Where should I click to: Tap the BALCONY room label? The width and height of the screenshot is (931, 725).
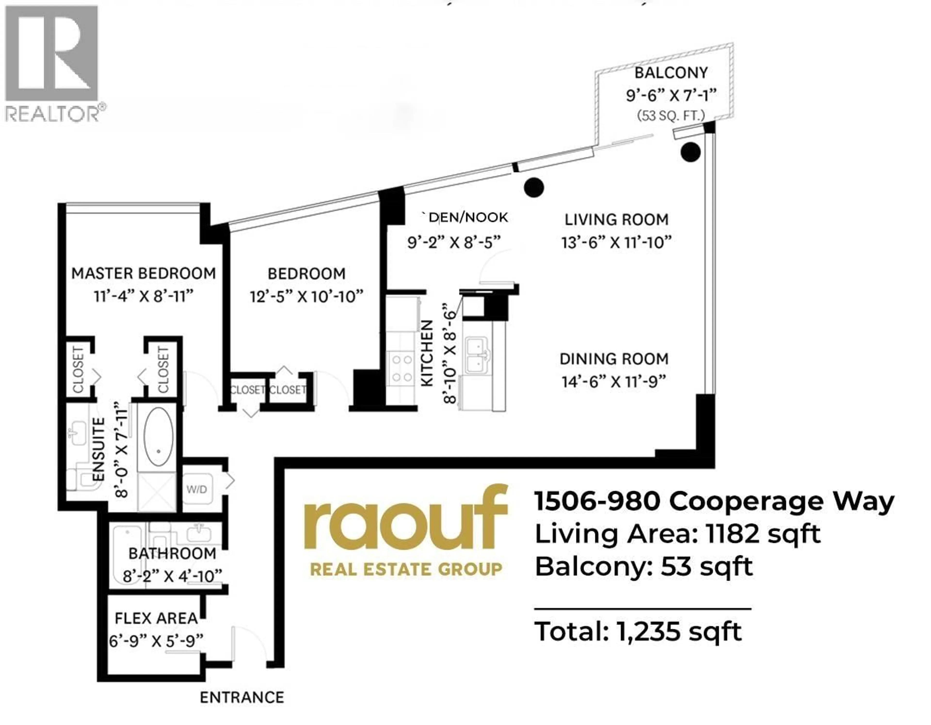coord(671,73)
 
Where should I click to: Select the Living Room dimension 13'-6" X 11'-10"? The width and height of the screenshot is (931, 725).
coord(616,242)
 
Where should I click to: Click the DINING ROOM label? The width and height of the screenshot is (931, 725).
coord(614,359)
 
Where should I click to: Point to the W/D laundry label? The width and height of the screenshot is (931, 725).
coord(197,489)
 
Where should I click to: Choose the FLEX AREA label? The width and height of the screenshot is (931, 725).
coord(156,618)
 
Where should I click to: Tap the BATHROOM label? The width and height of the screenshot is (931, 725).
coord(172,553)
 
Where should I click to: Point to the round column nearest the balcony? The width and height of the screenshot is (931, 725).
coord(690,152)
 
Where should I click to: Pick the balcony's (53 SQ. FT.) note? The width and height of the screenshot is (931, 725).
coord(671,115)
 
